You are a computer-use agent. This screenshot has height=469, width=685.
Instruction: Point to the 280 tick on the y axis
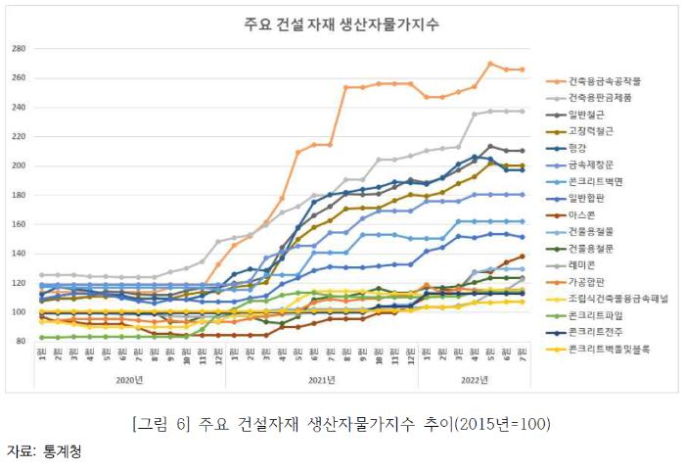point(19,48)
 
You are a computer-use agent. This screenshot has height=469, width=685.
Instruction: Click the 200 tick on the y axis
point(19,165)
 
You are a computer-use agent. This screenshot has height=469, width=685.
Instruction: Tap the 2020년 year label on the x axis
point(131,379)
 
